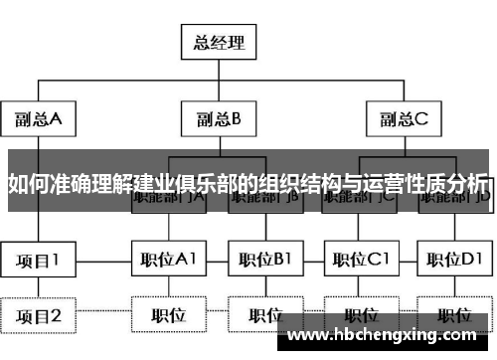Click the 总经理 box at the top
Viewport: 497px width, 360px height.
pyautogui.click(x=220, y=42)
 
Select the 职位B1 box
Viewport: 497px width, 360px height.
pyautogui.click(x=264, y=261)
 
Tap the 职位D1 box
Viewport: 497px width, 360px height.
pyautogui.click(x=453, y=261)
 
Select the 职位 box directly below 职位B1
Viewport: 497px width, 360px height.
pyautogui.click(x=264, y=316)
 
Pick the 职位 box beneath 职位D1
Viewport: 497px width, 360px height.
pyautogui.click(x=453, y=316)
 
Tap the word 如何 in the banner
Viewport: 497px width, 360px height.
pyautogui.click(x=27, y=183)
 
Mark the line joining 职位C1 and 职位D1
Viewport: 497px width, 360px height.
pyautogui.click(x=409, y=261)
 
